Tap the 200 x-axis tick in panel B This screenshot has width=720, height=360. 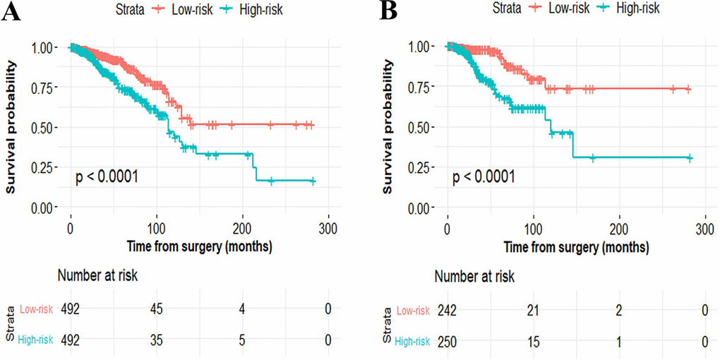(x=619, y=230)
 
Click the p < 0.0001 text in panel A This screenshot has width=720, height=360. (x=107, y=176)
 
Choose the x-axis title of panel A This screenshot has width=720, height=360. (x=200, y=247)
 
